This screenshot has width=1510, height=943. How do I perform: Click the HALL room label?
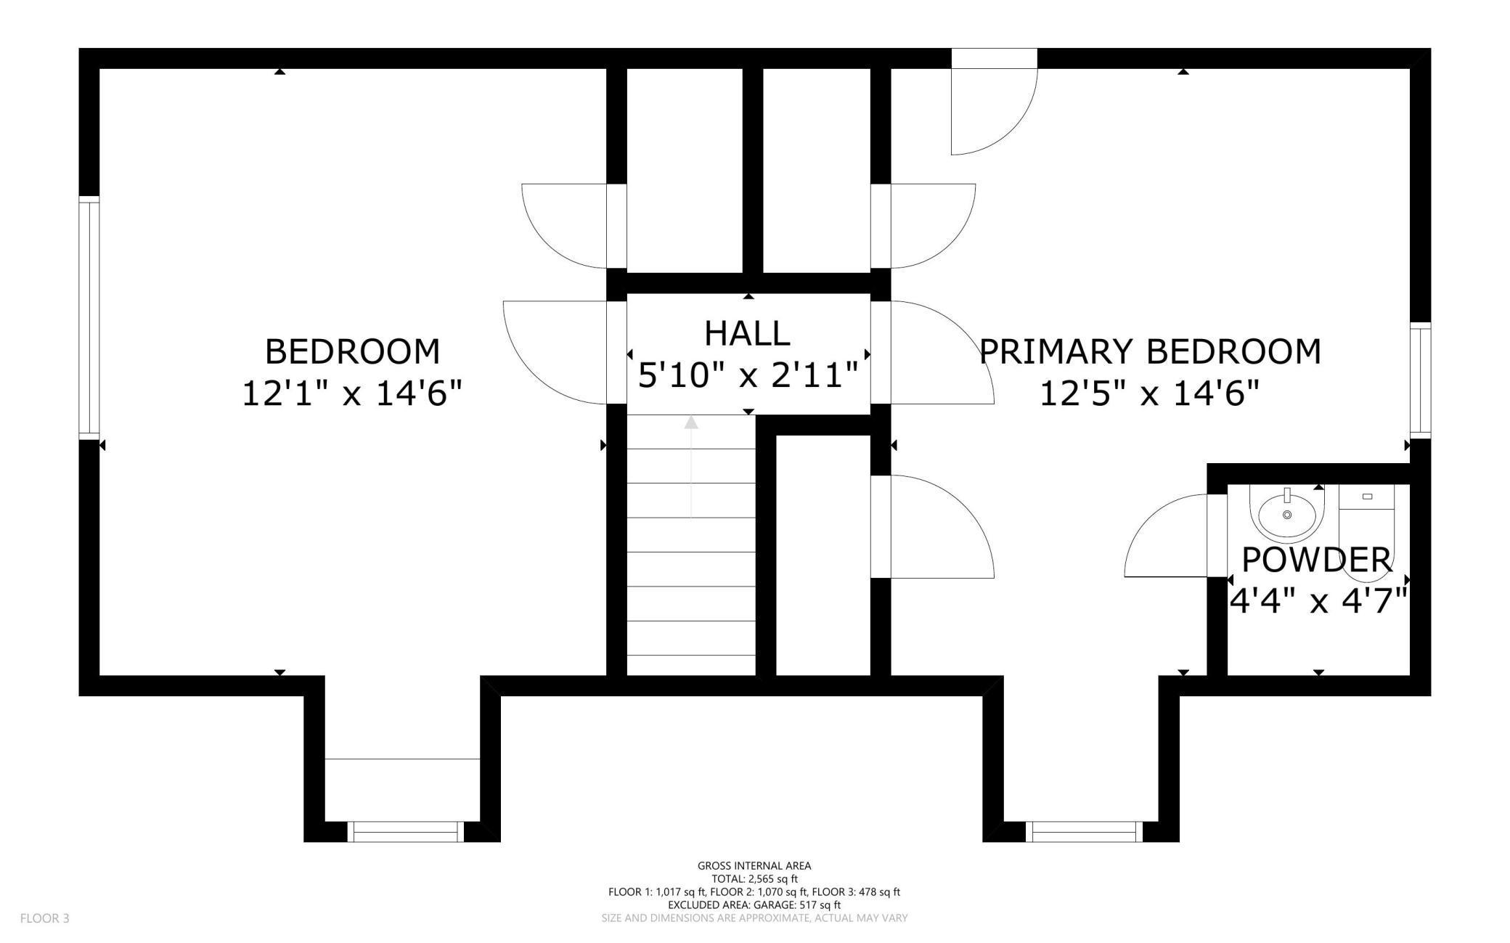pyautogui.click(x=747, y=334)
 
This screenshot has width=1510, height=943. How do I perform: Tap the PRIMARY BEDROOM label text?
pyautogui.click(x=1150, y=351)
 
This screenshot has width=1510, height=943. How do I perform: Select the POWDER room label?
pyautogui.click(x=1317, y=560)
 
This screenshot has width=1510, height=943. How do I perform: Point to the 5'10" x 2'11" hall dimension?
pyautogui.click(x=748, y=375)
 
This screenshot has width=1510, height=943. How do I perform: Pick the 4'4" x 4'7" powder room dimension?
pyautogui.click(x=1318, y=600)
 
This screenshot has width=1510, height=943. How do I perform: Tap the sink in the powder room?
pyautogui.click(x=1287, y=514)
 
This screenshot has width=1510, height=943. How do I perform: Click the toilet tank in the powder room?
pyautogui.click(x=1367, y=497)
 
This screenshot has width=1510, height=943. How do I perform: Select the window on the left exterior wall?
pyautogui.click(x=89, y=318)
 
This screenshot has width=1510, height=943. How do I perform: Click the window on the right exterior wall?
pyautogui.click(x=1421, y=380)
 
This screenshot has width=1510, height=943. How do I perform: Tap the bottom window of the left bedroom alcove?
pyautogui.click(x=406, y=832)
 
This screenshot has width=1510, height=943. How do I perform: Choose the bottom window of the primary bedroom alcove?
pyautogui.click(x=1084, y=832)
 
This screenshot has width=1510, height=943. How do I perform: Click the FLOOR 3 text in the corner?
pyautogui.click(x=45, y=918)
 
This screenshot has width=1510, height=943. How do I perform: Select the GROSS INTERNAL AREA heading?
pyautogui.click(x=754, y=865)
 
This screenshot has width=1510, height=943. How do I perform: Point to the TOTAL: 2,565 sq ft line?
pyautogui.click(x=754, y=878)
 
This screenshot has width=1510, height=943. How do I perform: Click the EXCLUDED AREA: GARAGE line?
pyautogui.click(x=754, y=905)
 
